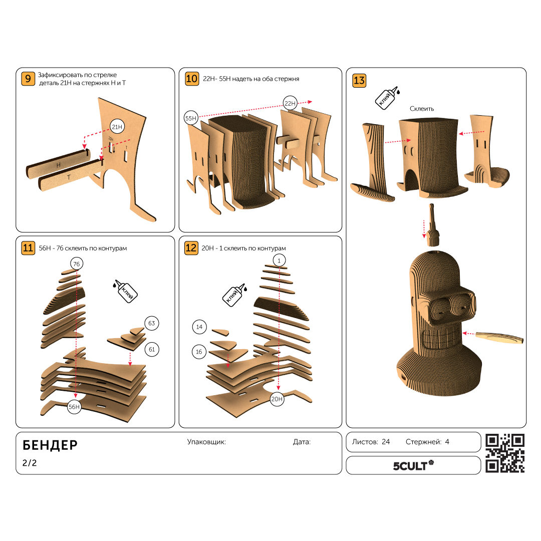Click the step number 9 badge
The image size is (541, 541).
click(28, 79)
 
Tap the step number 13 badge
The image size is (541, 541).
click(359, 80)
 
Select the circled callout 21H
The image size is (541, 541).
click(117, 127)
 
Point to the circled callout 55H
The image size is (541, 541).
click(191, 118)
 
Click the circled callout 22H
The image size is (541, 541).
click(290, 103)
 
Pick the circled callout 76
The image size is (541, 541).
click(77, 264)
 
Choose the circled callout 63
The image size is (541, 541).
click(152, 323)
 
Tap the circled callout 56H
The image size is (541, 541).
click(74, 407)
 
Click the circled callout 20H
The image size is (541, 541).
click(277, 399)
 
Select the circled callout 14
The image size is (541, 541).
click(199, 327)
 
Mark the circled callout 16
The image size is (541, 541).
click(199, 352)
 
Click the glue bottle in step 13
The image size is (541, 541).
click(387, 98)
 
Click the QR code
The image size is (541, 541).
click(505, 453)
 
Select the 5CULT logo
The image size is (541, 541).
click(413, 465)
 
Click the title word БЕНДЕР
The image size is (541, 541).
click(50, 445)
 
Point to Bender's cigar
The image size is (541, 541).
click(499, 337)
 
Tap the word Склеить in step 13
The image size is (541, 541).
click(422, 109)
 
